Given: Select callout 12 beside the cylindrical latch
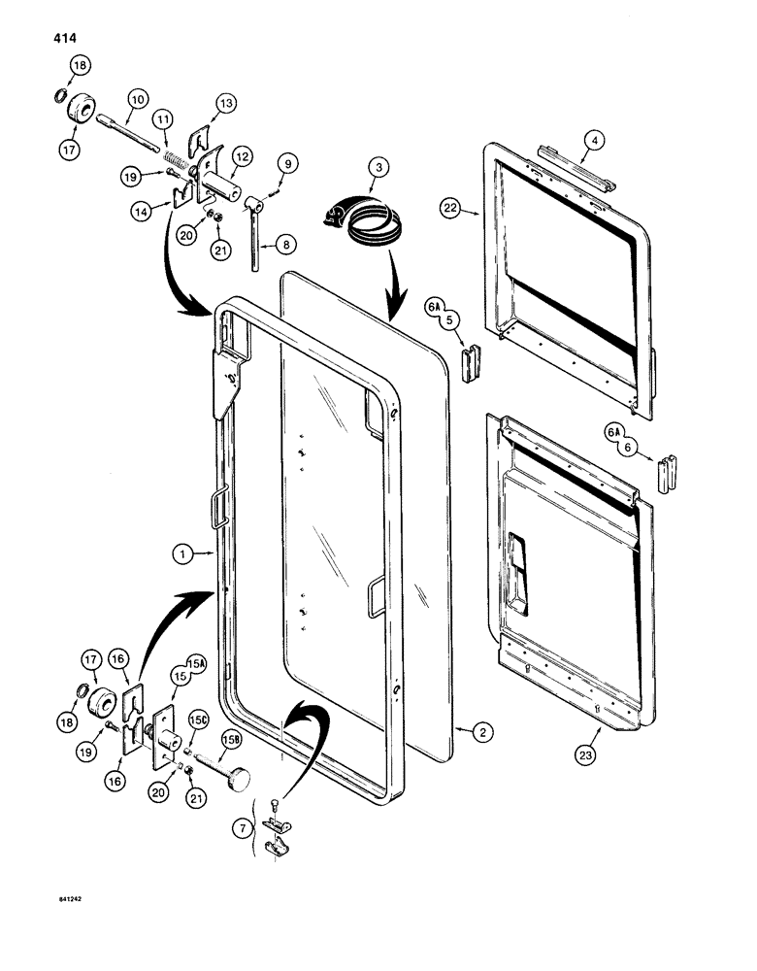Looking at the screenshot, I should coord(241,155).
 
